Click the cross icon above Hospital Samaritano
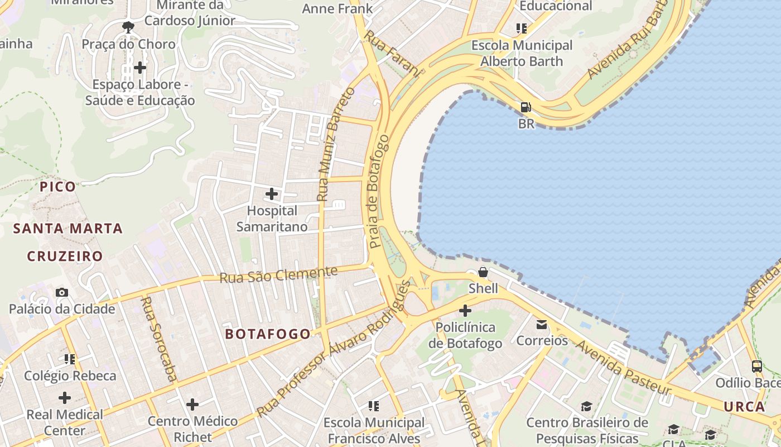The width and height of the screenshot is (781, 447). coord(272,194)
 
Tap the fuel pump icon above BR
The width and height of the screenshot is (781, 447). coord(526,107)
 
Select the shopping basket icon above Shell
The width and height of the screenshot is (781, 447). coord(483,272)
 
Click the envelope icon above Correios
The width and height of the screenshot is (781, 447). coord(542,324)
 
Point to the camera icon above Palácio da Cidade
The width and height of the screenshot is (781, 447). coord(62,292)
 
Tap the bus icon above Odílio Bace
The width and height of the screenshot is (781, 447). coord(757,367)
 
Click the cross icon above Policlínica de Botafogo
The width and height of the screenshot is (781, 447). coord(465,311)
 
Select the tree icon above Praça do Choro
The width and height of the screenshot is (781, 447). coord(128,26)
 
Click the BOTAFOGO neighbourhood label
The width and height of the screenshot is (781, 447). coord(267,334)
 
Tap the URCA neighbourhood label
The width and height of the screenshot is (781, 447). coord(745,407)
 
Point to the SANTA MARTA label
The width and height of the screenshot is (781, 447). coord(68,228)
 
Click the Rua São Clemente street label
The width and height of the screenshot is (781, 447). coord(279,274)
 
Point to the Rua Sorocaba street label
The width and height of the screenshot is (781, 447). coord(159,339)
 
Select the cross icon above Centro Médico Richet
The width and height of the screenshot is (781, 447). coord(192,404)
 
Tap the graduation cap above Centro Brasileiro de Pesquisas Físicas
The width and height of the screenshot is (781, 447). coord(586,406)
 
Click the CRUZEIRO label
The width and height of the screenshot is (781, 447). coord(65,256)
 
